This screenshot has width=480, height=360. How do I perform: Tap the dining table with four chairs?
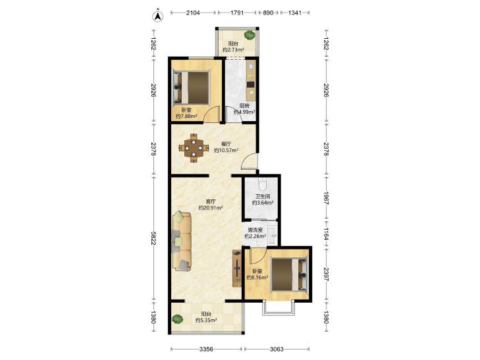(193, 147)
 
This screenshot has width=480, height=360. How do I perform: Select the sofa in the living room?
(182, 242)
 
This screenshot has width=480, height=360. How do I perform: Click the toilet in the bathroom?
(262, 184)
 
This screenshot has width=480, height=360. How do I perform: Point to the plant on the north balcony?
(250, 34)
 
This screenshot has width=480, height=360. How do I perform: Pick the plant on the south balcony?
(177, 319)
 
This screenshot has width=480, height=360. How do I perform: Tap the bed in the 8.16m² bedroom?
(289, 274)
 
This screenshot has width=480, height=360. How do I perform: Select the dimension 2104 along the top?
(193, 13)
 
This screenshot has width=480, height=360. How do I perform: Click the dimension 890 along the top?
(268, 13)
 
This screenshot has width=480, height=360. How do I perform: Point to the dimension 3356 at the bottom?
(206, 349)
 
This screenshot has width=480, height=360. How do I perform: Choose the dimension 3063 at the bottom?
(277, 349)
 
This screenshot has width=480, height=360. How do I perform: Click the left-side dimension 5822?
(153, 240)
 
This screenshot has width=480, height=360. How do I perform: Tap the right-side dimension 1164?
(327, 234)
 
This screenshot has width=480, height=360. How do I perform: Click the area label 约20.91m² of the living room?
(210, 208)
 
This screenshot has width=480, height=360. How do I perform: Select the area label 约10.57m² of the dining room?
(227, 150)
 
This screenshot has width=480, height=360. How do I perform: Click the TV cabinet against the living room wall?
(236, 269)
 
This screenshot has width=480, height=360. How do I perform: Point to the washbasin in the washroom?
(273, 235)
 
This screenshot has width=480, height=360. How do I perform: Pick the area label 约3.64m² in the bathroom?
(263, 203)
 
